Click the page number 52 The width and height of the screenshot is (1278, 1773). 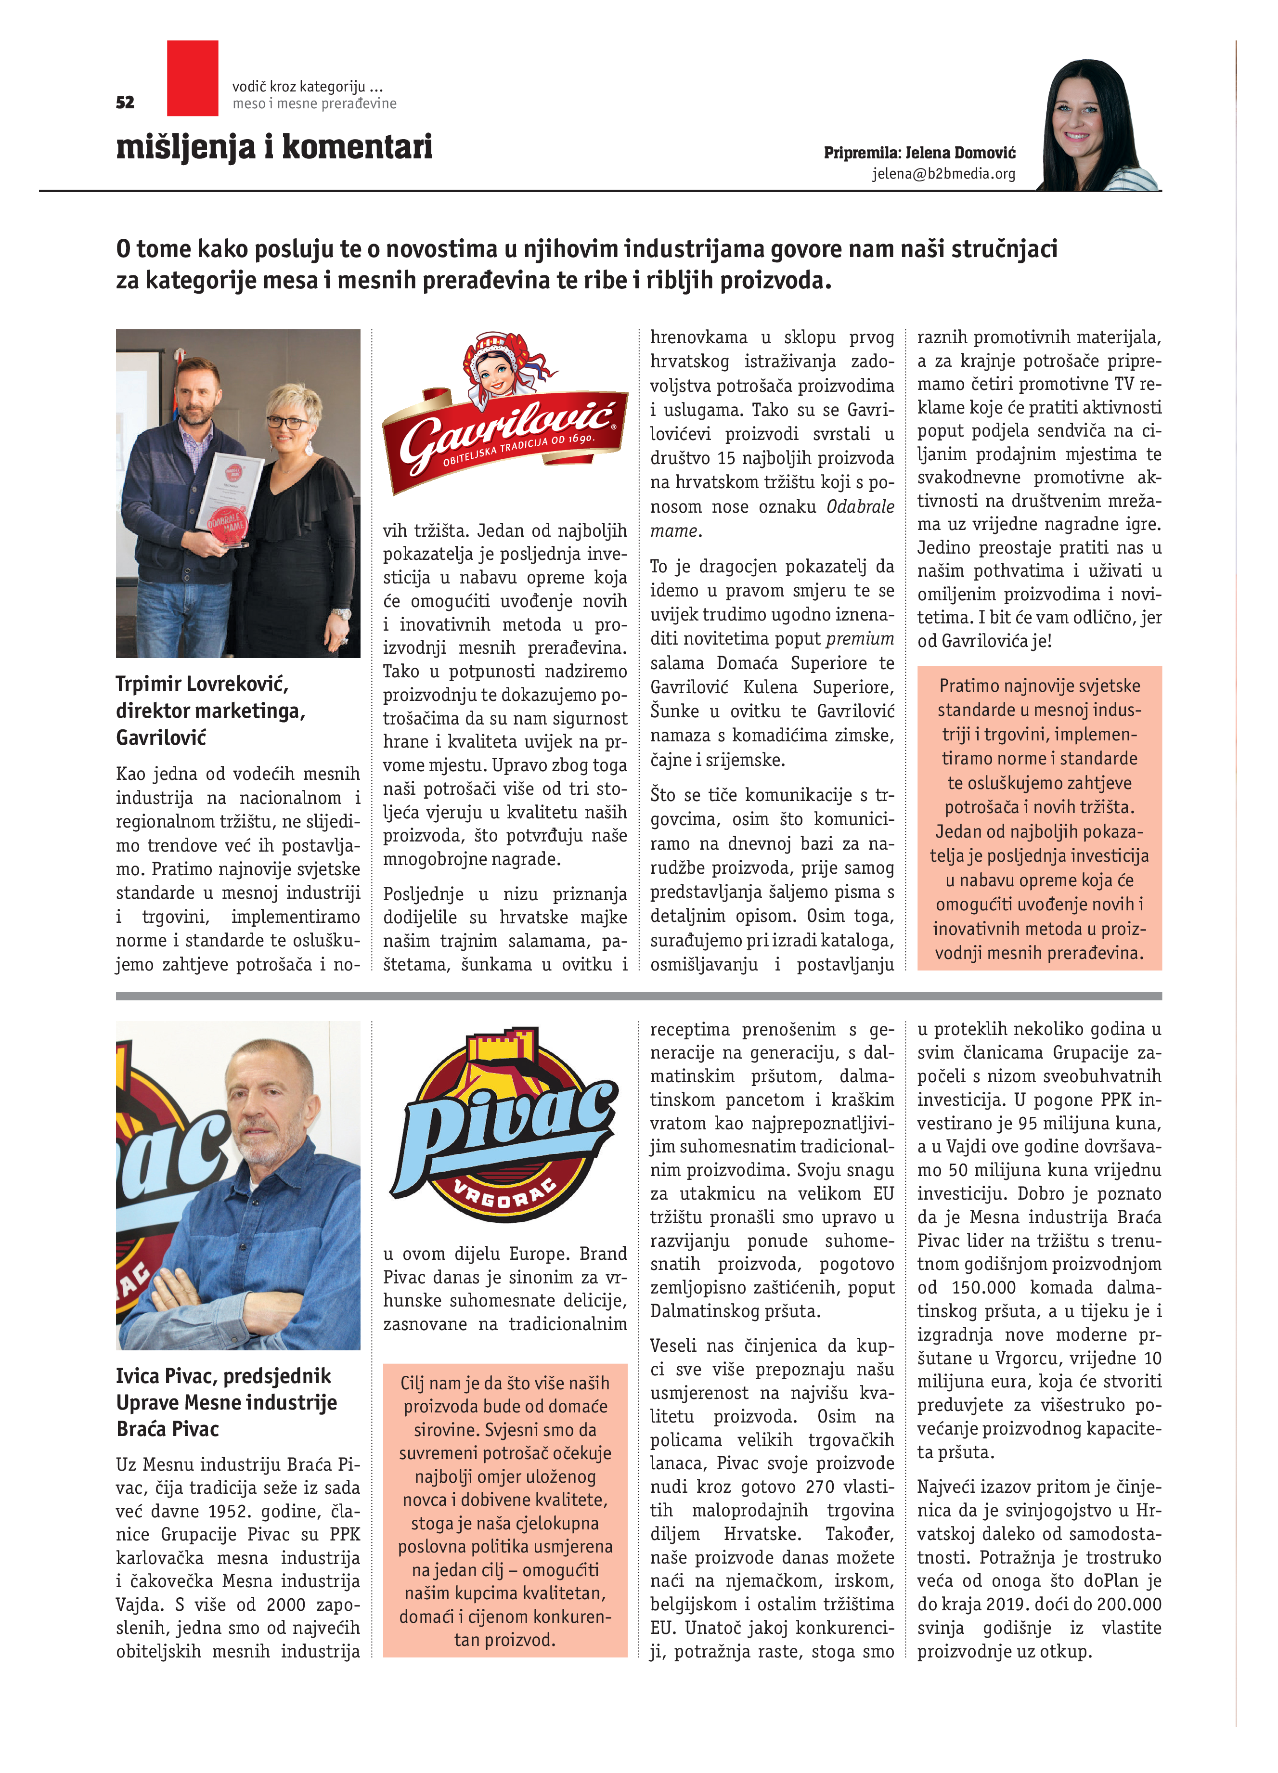click(125, 103)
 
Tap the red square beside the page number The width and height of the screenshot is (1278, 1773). click(192, 78)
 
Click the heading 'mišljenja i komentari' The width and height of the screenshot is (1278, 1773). click(274, 146)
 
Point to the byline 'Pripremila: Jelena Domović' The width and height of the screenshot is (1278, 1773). click(919, 153)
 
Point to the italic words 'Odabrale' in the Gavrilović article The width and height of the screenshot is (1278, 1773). click(860, 506)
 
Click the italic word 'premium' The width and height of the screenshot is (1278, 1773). click(860, 639)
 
